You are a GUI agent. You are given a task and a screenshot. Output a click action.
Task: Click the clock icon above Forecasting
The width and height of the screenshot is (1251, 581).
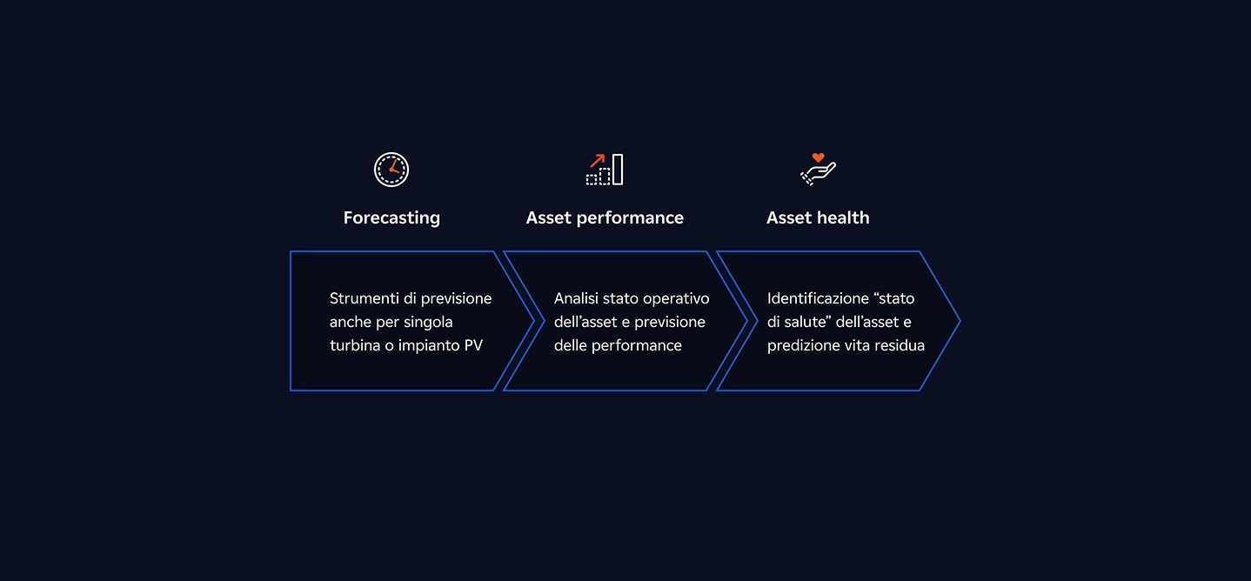tap(391, 169)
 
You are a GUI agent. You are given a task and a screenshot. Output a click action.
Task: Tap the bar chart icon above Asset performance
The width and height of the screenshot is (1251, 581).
tap(605, 169)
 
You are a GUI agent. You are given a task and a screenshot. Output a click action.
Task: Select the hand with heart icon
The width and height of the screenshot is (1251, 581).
tap(818, 169)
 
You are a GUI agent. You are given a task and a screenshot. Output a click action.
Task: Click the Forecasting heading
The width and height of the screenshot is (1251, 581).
tap(391, 217)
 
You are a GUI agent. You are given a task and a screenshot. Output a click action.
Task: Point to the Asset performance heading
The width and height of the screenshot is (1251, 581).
tap(605, 217)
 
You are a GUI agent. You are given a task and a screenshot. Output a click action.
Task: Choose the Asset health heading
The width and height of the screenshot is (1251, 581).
tap(818, 217)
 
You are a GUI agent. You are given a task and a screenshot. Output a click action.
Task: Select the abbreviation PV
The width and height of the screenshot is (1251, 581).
tap(473, 345)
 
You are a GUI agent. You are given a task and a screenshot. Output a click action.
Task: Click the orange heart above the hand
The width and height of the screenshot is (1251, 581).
tap(818, 157)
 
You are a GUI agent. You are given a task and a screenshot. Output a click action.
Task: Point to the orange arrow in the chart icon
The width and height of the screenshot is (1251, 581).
tap(598, 160)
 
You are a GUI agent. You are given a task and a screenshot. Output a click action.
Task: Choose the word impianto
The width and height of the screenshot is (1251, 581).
tap(428, 345)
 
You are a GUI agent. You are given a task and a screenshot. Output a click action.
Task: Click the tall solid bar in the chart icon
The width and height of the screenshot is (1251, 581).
tap(618, 169)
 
